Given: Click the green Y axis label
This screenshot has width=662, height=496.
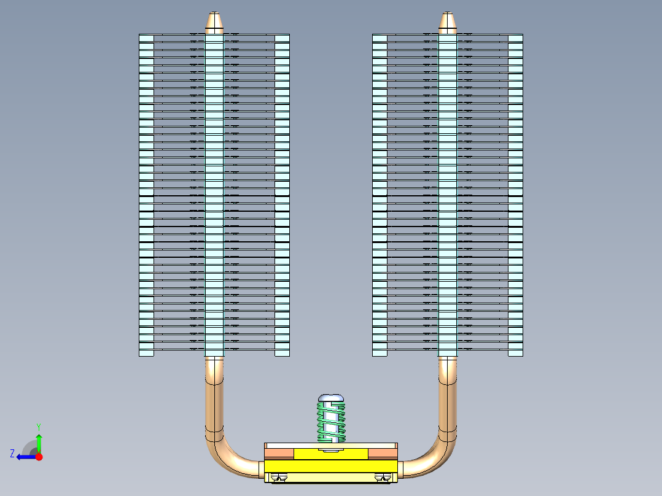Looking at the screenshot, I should coord(38,426).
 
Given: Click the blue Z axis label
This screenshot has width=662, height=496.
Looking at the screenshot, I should coord(12,454).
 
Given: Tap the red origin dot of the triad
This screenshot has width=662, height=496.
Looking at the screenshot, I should coord(39,457).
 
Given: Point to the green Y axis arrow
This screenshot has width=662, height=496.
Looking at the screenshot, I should coord(39,442).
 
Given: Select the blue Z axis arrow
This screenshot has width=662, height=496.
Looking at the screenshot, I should coord(25,457).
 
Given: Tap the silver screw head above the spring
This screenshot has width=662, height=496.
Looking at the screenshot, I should coord(331,398).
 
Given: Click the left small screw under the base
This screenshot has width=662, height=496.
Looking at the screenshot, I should coord(281,478).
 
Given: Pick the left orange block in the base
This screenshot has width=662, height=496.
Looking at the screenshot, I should coord(279,453).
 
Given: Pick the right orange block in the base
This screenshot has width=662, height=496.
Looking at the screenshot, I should coord(383,453).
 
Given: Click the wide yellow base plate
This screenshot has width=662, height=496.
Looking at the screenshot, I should coord(331,467).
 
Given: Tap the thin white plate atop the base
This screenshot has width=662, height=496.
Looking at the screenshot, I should coord(331,445).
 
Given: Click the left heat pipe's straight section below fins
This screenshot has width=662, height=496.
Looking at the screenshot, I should coord(214,393).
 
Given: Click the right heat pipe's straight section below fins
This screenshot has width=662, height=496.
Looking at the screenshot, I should coord(448,393).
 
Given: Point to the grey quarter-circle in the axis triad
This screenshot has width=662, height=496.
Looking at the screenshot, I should coord(29,448).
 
